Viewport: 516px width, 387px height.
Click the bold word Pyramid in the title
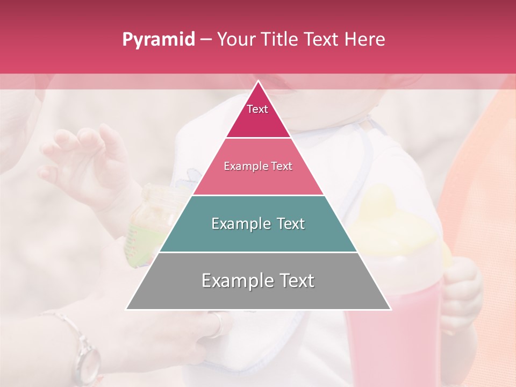[158, 40]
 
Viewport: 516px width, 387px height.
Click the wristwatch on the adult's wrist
[86, 357]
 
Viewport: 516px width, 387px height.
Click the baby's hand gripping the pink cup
[462, 290]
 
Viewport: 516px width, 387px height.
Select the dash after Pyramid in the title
[205, 40]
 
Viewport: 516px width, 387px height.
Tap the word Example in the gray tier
[236, 281]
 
